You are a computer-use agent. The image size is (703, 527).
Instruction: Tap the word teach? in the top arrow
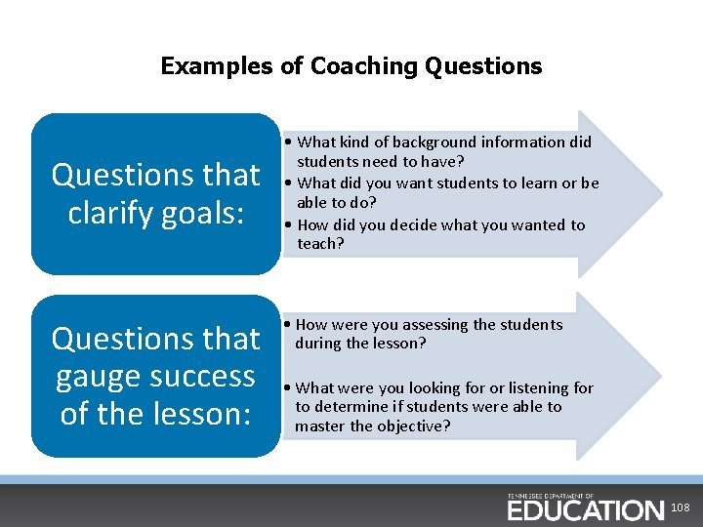[320, 244]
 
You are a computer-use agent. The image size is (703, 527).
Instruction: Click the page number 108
[681, 508]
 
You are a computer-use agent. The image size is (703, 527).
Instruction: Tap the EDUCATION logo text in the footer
[585, 509]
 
